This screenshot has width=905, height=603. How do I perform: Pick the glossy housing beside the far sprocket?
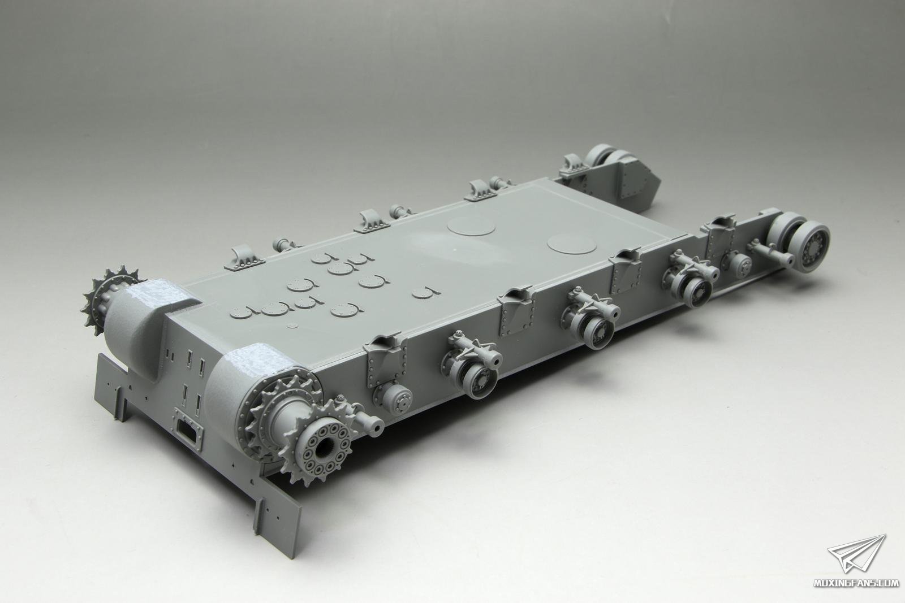[145, 319]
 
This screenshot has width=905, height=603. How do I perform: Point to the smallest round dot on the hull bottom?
[294, 325]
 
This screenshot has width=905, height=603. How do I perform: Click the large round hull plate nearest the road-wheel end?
[572, 243]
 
